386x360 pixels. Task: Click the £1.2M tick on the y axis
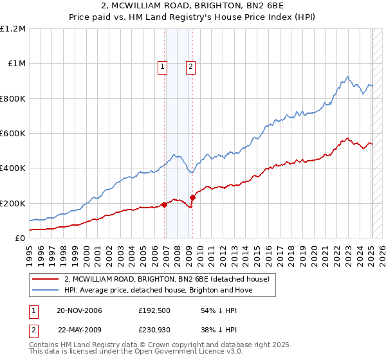[14, 29]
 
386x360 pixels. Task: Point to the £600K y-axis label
[13, 134]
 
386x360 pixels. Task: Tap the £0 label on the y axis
[21, 239]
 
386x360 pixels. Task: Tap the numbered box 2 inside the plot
[191, 66]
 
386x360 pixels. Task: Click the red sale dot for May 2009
[193, 197]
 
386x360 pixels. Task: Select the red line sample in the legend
[45, 279]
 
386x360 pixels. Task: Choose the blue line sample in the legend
[45, 290]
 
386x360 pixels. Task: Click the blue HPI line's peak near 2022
[347, 77]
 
